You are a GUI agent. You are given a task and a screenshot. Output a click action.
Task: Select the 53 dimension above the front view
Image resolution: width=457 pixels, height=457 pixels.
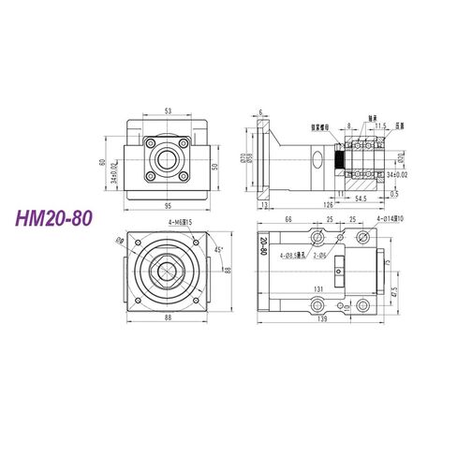pyautogui.click(x=169, y=110)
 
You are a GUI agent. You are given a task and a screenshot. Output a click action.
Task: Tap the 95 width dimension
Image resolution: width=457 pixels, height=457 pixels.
pyautogui.click(x=169, y=205)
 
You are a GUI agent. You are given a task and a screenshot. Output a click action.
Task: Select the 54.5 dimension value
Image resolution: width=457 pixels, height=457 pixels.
pyautogui.click(x=361, y=199)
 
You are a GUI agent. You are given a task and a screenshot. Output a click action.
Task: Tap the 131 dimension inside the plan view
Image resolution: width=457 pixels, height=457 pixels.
pyautogui.click(x=319, y=289)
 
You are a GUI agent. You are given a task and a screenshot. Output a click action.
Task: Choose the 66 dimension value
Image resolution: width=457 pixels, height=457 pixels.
pyautogui.click(x=288, y=219)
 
